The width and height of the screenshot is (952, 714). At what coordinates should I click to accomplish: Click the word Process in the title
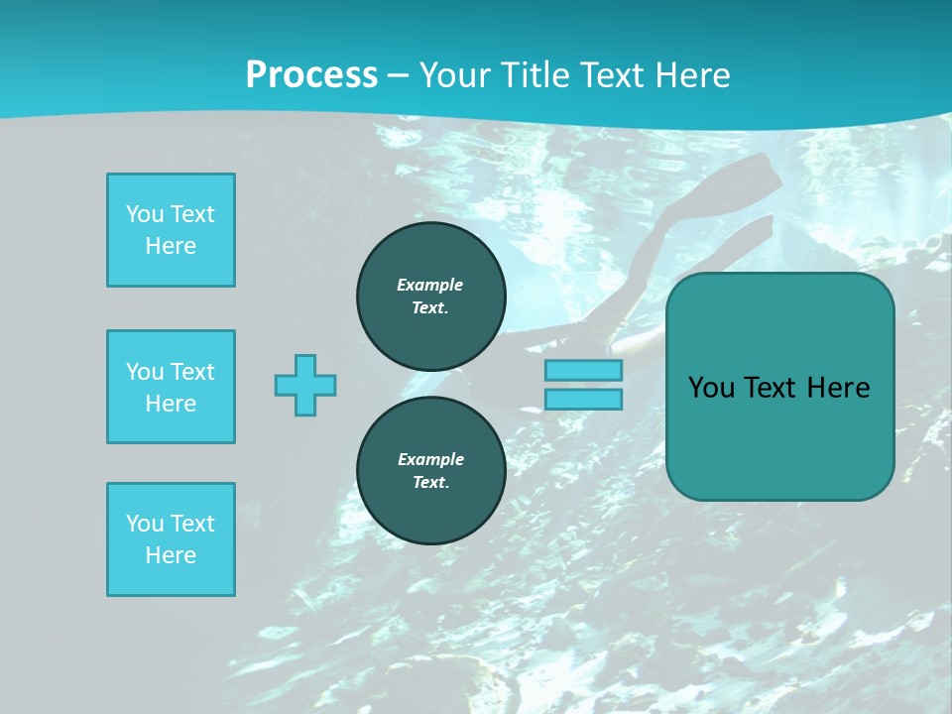coord(311,75)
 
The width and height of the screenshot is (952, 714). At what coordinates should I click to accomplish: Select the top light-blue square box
coord(171,230)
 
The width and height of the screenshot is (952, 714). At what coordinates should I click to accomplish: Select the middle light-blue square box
coord(171,387)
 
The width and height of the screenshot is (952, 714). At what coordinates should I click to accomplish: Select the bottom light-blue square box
coord(171,539)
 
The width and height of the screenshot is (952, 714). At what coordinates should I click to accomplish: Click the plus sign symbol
coord(305,385)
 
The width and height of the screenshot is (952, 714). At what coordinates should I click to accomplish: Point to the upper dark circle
coord(431,296)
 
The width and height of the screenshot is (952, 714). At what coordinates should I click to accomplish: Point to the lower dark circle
coord(431,470)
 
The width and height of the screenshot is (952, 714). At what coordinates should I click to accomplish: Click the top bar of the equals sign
coord(583,370)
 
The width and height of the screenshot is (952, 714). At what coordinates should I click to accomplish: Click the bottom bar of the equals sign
coord(583,400)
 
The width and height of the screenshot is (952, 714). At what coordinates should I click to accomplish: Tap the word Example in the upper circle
coord(430,285)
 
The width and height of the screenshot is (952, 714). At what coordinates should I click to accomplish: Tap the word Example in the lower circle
coord(430,459)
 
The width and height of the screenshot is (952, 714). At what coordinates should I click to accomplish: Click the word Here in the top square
coord(171,246)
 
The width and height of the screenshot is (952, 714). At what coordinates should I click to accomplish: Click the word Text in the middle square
coord(191,372)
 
